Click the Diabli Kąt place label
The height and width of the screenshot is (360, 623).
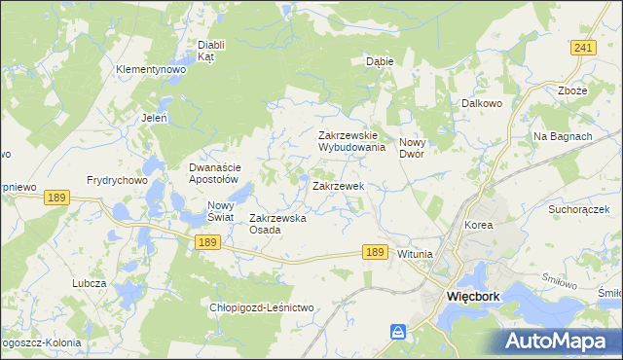(211, 51)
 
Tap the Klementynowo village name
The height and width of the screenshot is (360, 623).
(150, 70)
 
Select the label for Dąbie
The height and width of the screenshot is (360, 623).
(380, 60)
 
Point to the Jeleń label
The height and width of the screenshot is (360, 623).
(155, 118)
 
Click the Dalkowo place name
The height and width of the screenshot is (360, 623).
(481, 100)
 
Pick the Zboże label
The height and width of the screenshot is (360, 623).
(573, 90)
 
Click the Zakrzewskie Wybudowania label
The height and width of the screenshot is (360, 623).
(352, 142)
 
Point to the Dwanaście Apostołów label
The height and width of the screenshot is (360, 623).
(213, 173)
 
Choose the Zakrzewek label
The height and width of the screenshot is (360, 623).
(338, 185)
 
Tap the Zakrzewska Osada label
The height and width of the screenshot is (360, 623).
(278, 224)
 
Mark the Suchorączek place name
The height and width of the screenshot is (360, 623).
(578, 208)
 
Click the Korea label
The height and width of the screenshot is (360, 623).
(479, 225)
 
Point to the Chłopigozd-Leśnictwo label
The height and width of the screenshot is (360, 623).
(262, 307)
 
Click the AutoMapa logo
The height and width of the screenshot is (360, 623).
(558, 340)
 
